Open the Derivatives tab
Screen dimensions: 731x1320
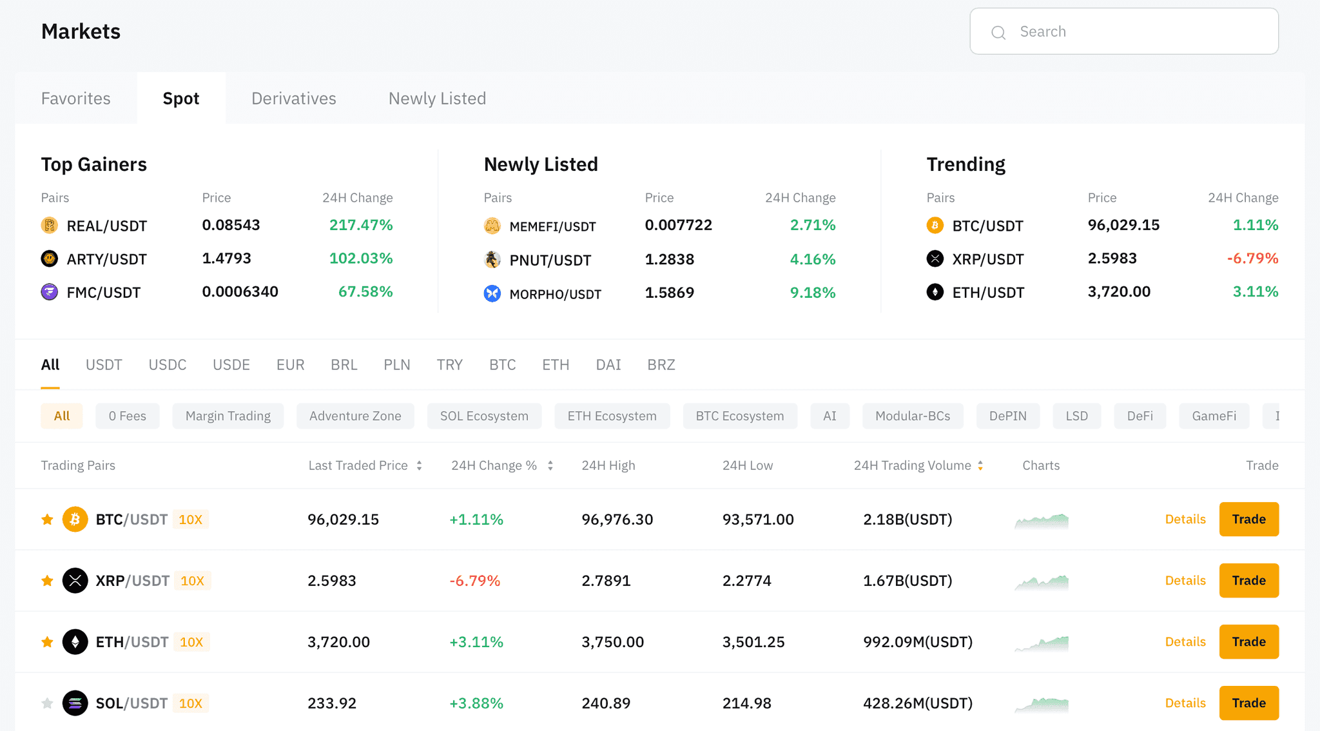[294, 99]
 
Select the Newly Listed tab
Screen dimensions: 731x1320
[437, 99]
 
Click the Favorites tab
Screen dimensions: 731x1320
[76, 99]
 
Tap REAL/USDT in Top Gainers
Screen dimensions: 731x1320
[106, 226]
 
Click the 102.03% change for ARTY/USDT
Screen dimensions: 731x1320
[361, 258]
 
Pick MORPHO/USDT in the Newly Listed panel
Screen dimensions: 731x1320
[555, 294]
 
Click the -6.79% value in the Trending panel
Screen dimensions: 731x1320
[1252, 258]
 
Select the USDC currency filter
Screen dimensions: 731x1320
[168, 365]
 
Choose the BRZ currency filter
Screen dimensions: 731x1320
[661, 365]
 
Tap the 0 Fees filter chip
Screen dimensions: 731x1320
[128, 416]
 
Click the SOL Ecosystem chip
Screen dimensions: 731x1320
[484, 416]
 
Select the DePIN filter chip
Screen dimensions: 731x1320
[1008, 416]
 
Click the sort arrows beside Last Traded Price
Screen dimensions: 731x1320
[419, 465]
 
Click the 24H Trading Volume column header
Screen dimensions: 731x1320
[912, 465]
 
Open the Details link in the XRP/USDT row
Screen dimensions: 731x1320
[1185, 580]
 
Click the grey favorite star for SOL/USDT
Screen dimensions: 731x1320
[47, 703]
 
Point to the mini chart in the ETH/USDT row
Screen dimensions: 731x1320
[1042, 643]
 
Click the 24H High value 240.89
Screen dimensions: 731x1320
[606, 703]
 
